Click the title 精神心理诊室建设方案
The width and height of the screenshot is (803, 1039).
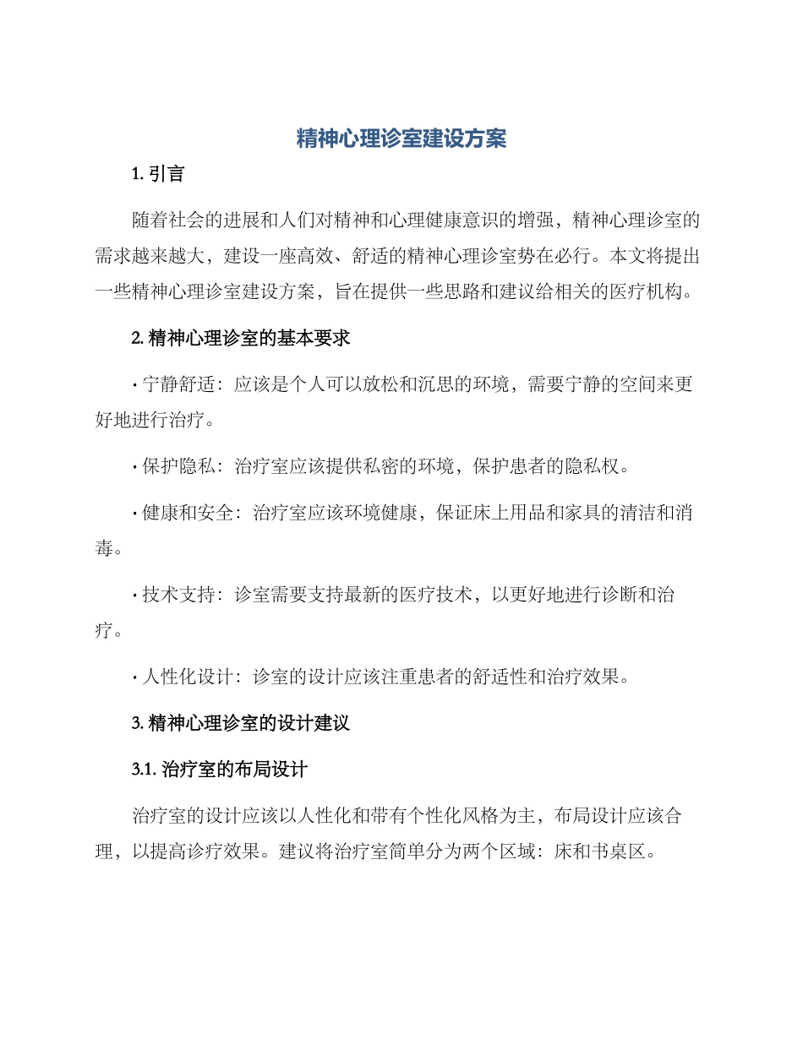pos(401,139)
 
